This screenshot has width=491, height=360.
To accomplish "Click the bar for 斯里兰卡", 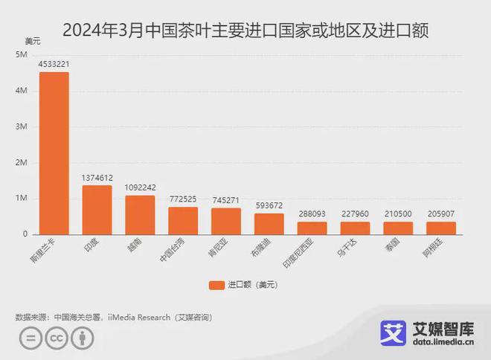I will click(x=54, y=153).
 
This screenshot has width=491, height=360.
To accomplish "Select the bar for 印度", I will click(x=97, y=210).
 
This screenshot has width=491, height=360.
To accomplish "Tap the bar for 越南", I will click(x=140, y=215).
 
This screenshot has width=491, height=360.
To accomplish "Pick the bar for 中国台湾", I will click(x=183, y=220).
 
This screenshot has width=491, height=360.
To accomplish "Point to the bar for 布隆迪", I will click(x=269, y=224).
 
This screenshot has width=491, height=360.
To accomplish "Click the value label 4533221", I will click(x=54, y=65).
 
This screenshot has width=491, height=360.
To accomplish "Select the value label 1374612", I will click(x=97, y=178).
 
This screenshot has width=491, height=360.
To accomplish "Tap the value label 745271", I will click(x=226, y=200).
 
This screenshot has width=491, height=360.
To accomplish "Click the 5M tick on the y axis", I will click(x=21, y=55).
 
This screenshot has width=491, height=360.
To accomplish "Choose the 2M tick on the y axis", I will click(x=21, y=162).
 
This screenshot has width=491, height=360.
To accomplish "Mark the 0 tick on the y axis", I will click(x=25, y=234).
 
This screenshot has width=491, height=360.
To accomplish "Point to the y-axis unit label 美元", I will click(x=33, y=40).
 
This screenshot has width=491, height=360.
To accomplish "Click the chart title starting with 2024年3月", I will click(x=245, y=31).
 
